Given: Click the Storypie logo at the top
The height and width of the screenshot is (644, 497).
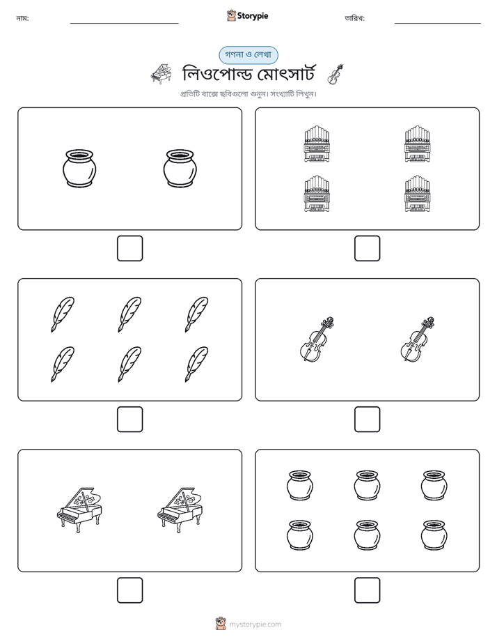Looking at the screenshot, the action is pos(247,15).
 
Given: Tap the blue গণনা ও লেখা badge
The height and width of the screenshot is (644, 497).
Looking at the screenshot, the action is pos(248,55).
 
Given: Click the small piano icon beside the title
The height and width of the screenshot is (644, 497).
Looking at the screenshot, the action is pos(161,75).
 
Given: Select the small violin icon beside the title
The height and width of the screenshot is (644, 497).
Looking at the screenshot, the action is pos(336,75).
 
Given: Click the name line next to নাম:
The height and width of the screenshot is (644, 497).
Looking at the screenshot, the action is pos(124,24).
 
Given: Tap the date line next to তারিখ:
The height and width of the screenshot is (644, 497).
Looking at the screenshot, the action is pos(438,24).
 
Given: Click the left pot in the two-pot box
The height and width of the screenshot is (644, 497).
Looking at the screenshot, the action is pos(80,169).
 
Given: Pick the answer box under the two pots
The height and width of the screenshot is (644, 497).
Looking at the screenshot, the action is pos(130,249).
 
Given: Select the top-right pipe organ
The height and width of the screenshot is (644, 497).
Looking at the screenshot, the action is pos(418,144).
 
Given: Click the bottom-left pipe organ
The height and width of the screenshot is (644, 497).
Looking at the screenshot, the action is pos(317,194).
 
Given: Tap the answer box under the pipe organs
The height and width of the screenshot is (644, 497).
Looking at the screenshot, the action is pos(368,249).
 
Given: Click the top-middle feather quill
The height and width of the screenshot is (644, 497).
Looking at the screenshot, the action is pos(129,314).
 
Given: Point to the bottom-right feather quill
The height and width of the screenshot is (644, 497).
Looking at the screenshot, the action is pos(196,365).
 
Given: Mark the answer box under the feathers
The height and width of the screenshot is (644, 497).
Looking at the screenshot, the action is pos(130,420).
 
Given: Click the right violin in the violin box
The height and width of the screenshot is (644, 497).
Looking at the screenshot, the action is pos(418,339).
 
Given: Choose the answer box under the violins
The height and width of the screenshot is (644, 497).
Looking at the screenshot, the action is pos(368,420).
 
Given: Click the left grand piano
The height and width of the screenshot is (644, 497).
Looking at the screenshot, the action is pos(79,510).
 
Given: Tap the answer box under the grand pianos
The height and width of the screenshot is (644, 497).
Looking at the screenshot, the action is pos(130,590).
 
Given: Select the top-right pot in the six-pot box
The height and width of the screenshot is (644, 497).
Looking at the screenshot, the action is pos(434,486).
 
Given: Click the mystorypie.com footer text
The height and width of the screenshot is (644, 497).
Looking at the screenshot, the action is pos(255,624).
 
